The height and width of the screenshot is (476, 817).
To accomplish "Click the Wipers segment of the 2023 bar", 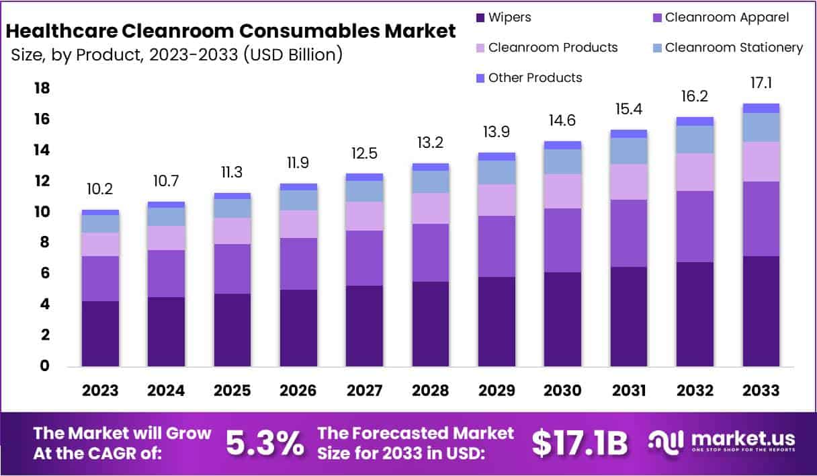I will click(x=101, y=333).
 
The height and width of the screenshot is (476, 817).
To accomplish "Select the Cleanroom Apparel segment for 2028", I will click(x=431, y=252).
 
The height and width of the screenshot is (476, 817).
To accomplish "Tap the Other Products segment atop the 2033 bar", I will click(x=761, y=108).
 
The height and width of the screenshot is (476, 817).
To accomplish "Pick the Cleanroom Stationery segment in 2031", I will click(x=629, y=151).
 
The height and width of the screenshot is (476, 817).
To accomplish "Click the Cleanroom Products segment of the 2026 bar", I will click(x=299, y=224).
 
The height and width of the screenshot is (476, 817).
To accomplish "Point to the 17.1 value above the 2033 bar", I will click(x=761, y=83).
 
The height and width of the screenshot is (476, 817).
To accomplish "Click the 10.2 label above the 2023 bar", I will click(x=100, y=190).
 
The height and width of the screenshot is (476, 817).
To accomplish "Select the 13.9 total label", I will click(x=497, y=132).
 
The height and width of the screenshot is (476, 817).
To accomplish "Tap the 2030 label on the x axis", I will click(x=563, y=391).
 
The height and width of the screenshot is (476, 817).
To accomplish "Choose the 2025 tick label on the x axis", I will click(x=232, y=391).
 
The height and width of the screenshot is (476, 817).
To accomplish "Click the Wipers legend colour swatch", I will click(x=479, y=17).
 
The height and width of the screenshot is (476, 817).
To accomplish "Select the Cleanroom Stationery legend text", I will click(x=734, y=48).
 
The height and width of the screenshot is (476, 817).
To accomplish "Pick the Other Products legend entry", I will click(x=535, y=78).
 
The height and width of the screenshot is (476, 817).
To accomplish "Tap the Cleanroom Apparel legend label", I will click(x=727, y=17).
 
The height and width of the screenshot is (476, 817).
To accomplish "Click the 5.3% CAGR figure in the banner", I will click(x=264, y=442).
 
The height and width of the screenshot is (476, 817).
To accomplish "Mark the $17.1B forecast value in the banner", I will click(x=580, y=442).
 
